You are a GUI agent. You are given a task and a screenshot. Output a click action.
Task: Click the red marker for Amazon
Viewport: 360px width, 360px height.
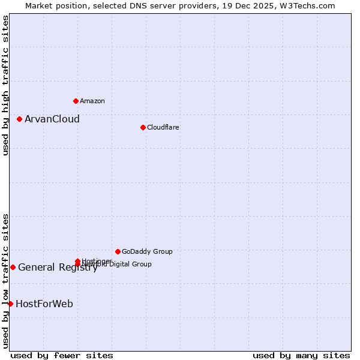click(x=76, y=101)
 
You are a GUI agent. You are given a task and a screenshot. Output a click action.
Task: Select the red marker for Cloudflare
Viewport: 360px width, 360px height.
click(x=143, y=127)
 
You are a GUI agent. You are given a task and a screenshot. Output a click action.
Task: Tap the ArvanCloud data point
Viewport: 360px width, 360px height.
click(x=19, y=119)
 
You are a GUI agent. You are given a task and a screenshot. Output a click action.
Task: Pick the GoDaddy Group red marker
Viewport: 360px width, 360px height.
click(x=118, y=251)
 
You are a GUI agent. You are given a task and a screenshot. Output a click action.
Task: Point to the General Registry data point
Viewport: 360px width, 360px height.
click(x=13, y=267)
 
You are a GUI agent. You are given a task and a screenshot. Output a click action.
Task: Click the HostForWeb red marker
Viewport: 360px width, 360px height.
click(x=10, y=304)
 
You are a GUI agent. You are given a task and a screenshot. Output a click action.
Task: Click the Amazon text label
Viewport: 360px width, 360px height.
click(x=92, y=101)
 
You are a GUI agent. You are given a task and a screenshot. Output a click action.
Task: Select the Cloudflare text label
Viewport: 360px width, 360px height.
click(x=163, y=127)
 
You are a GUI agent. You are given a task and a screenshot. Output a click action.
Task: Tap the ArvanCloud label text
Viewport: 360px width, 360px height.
click(x=52, y=119)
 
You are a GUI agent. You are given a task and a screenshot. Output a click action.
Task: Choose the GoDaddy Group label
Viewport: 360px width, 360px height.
click(x=147, y=251)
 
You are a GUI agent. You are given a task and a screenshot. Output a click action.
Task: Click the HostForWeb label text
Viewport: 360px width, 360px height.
click(x=44, y=304)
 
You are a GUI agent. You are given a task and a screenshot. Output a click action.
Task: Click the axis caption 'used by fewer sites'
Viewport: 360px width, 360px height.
click(x=62, y=355)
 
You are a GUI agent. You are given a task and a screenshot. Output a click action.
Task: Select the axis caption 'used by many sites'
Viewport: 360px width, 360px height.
click(x=301, y=355)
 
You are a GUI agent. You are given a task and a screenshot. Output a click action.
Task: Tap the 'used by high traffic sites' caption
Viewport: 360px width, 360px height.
click(x=5, y=85)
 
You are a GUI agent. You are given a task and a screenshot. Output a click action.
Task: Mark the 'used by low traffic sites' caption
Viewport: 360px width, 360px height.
click(x=5, y=281)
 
